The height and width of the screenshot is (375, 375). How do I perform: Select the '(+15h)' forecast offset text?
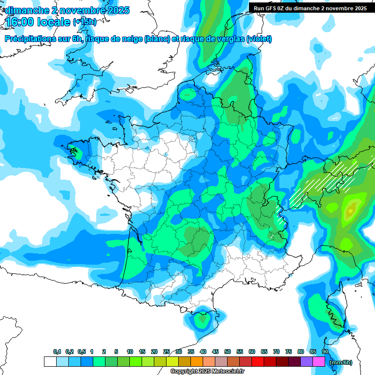[84, 22]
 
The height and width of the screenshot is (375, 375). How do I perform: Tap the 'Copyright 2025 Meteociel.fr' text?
[207, 372]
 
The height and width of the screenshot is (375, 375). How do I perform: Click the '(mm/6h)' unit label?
[341, 362]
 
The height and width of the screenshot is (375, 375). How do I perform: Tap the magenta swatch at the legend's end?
[319, 362]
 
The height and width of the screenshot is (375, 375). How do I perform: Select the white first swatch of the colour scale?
[50, 362]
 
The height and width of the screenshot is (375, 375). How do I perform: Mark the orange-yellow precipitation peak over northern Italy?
[350, 211]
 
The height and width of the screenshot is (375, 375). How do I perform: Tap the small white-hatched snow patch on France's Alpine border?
[280, 214]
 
